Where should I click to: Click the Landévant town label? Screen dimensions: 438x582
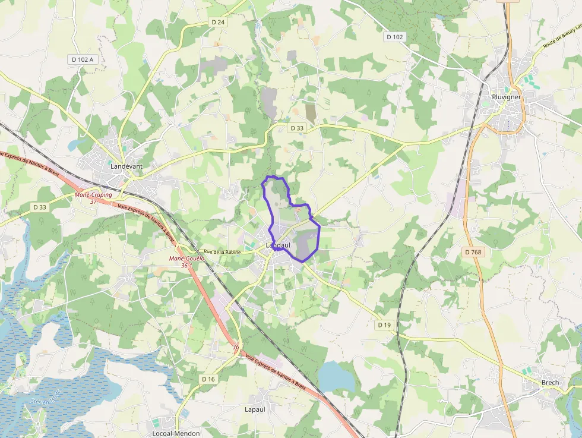(126, 166)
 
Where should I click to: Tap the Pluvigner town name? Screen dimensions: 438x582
(507, 97)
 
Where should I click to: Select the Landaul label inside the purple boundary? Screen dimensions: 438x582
(277, 245)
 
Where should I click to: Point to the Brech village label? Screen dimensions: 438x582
(550, 383)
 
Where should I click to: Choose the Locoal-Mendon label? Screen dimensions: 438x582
(176, 433)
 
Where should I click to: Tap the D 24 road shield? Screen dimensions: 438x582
(218, 22)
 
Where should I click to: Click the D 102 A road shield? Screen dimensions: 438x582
(83, 59)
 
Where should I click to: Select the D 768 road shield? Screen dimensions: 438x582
(473, 253)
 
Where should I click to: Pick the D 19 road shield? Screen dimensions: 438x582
(384, 325)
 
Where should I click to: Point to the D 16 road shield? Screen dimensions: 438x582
(208, 379)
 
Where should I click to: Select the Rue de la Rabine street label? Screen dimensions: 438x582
(223, 252)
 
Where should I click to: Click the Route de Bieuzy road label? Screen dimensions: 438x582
(561, 37)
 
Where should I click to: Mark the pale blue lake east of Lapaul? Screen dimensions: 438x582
(336, 376)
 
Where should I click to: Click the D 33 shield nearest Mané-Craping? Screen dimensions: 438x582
(40, 207)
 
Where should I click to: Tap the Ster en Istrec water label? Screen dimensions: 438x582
(46, 396)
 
